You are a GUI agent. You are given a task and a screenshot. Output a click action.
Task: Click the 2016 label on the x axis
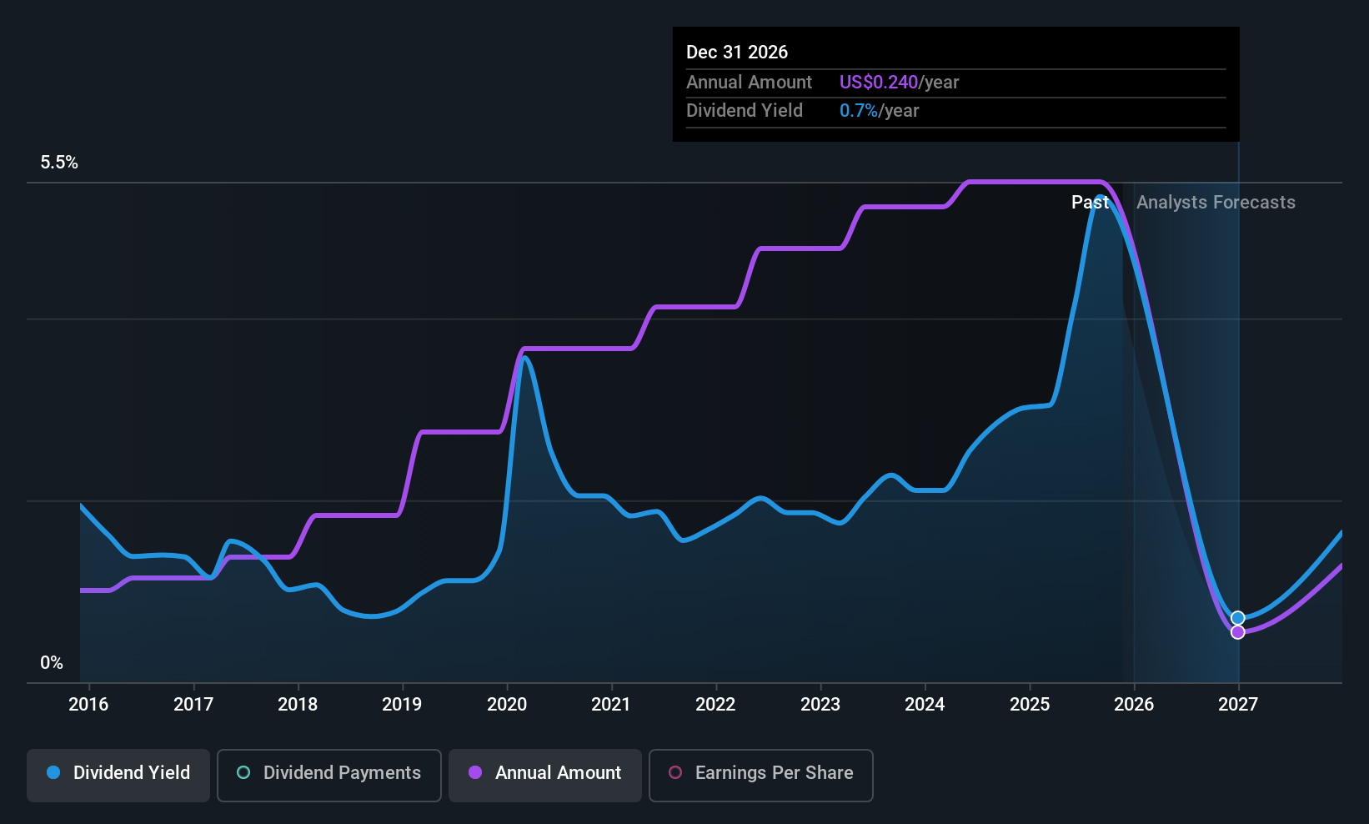click(x=88, y=704)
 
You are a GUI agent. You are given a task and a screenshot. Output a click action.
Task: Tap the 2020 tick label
click(x=507, y=704)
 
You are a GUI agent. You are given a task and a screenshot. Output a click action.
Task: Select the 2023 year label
click(x=820, y=704)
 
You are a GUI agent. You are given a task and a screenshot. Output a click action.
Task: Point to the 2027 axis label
click(x=1238, y=704)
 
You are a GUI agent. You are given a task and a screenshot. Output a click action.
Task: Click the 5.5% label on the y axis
click(x=59, y=163)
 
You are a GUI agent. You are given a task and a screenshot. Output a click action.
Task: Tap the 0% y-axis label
click(x=52, y=663)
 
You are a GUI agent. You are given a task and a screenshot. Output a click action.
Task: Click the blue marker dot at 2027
click(x=1238, y=618)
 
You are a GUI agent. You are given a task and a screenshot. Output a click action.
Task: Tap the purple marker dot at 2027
click(x=1238, y=632)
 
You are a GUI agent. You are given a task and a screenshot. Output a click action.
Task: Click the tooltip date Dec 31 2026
click(x=737, y=52)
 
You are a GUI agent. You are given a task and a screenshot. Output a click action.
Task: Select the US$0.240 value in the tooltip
click(x=878, y=83)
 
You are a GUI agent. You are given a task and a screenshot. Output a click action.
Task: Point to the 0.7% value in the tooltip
click(x=858, y=111)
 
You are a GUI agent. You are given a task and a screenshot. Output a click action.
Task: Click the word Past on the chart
click(x=1090, y=203)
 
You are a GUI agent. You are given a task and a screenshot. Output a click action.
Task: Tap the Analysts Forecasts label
click(x=1216, y=203)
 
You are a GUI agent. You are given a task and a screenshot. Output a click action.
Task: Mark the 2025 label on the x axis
click(x=1030, y=704)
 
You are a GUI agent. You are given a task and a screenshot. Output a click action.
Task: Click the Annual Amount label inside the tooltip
click(x=749, y=83)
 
